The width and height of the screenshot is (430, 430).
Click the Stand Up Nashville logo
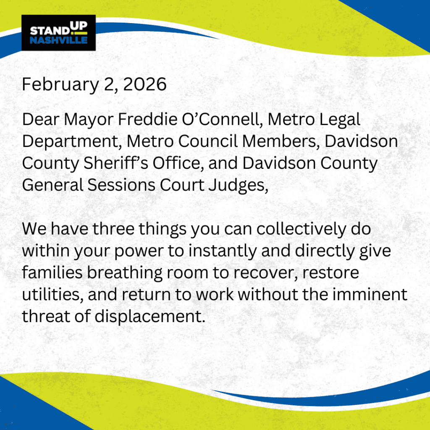[x=58, y=33]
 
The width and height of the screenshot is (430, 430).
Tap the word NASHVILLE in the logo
[x=59, y=40]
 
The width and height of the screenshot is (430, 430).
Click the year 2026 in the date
[x=145, y=84]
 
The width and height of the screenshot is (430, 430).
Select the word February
[x=60, y=85]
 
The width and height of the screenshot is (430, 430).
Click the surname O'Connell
[x=223, y=119]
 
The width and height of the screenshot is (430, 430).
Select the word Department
[x=72, y=142]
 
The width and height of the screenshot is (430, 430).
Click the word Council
[x=207, y=141]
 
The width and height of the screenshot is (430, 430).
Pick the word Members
[x=281, y=141]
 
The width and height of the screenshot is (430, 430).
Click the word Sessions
[x=121, y=185]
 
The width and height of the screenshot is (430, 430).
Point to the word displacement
[x=150, y=317]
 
